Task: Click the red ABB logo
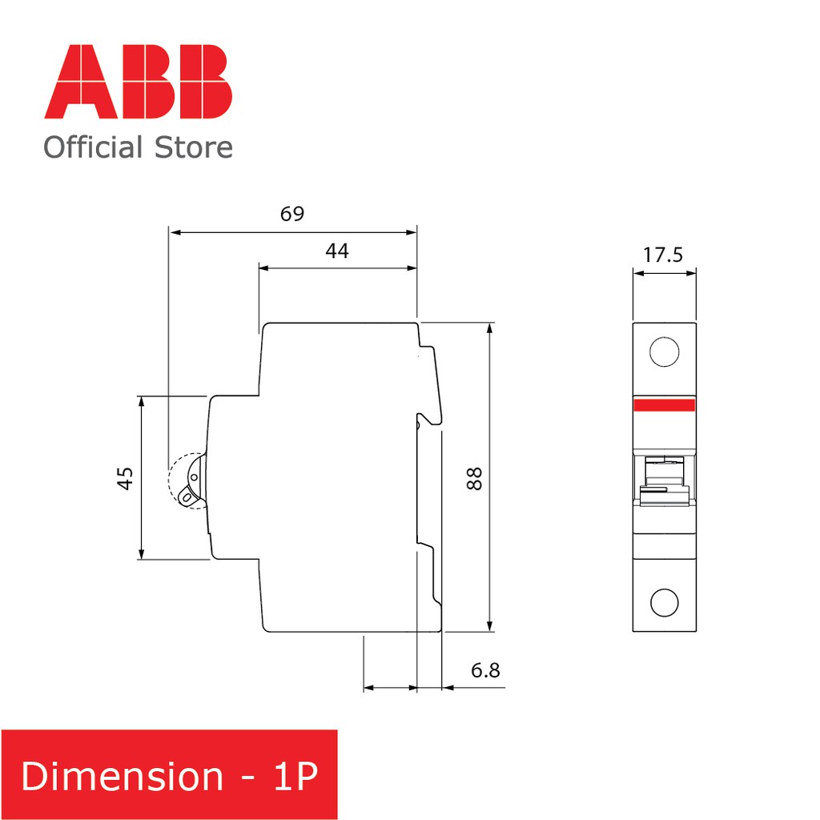138,82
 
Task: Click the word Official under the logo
93,147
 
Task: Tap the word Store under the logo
194,147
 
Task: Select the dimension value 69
291,213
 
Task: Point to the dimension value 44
337,251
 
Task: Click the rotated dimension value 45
125,478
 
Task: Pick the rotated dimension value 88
474,478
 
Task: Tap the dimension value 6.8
485,670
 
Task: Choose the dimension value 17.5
663,255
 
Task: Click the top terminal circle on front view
664,352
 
